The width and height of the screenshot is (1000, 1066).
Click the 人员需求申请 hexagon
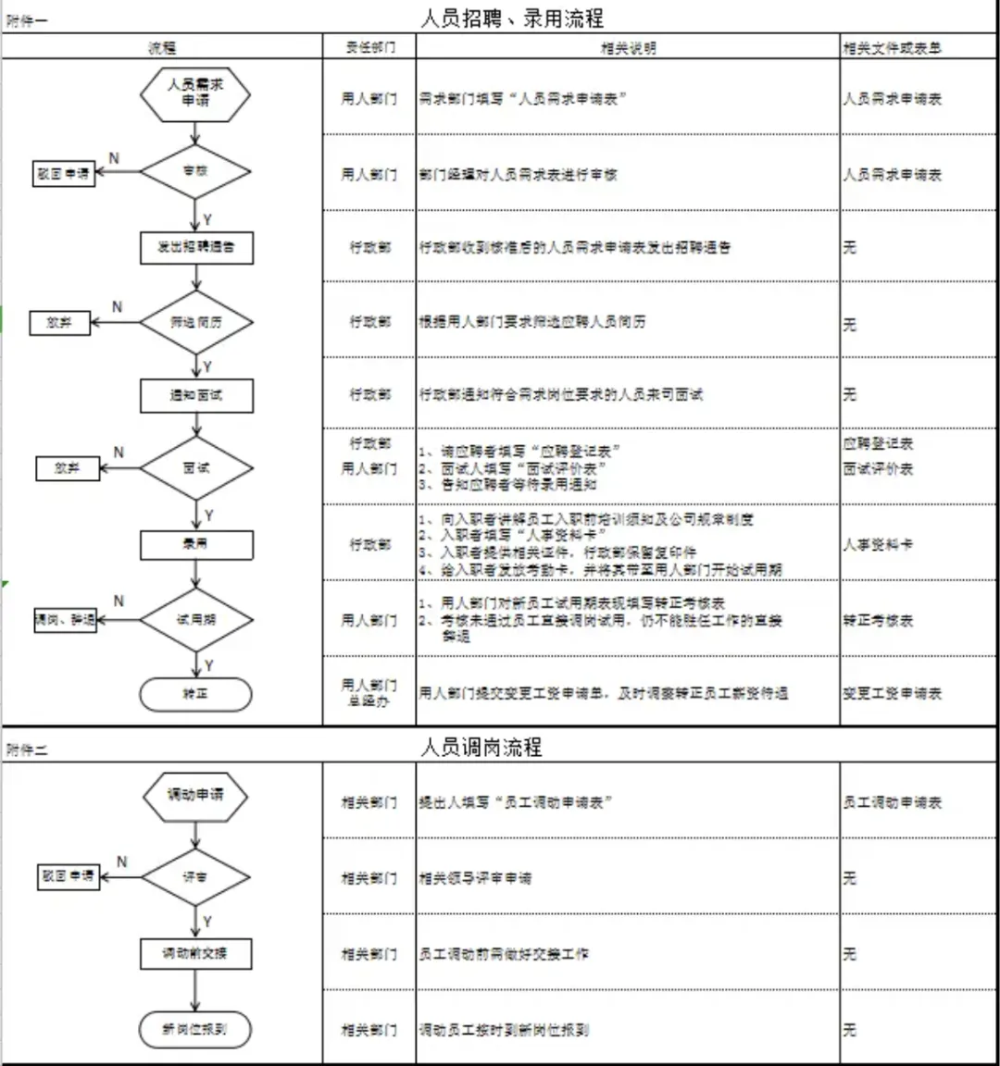(195, 93)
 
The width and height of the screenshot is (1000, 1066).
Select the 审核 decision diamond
(195, 171)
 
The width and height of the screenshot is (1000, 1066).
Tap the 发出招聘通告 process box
(196, 247)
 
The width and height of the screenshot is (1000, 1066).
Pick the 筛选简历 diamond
(196, 322)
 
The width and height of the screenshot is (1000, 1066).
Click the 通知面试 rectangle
(196, 395)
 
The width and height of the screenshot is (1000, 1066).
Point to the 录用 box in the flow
(196, 543)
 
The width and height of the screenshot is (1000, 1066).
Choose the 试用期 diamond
(196, 619)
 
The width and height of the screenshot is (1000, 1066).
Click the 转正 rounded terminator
(195, 694)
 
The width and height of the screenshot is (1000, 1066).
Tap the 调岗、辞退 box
(66, 620)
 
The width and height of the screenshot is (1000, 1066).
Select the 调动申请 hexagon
(195, 795)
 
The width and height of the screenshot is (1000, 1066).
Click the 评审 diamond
(195, 876)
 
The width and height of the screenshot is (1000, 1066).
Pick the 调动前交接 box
(196, 953)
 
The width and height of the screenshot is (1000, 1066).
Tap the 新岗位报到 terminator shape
(195, 1029)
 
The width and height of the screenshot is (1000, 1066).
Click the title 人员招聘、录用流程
(512, 18)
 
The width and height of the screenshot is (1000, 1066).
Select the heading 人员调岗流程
(481, 747)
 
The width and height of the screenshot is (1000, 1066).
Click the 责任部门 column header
(369, 47)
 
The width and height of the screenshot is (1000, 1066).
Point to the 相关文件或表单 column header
(892, 47)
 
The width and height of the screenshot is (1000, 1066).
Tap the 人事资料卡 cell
(878, 544)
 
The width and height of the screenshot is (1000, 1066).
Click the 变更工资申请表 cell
(892, 693)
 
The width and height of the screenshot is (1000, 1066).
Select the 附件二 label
(26, 750)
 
